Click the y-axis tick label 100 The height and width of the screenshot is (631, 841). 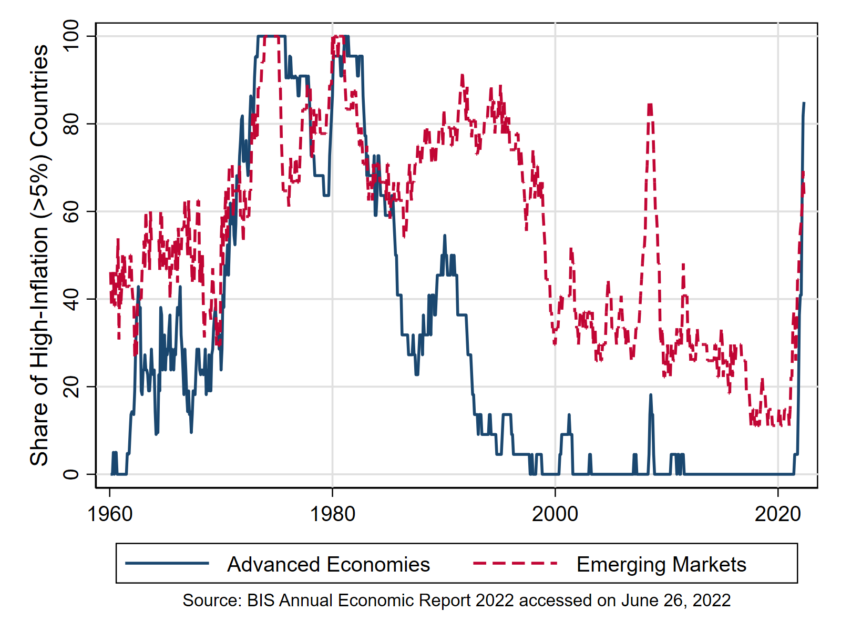coord(70,36)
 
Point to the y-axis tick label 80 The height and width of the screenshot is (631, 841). coord(70,124)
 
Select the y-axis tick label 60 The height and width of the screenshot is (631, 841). coord(70,211)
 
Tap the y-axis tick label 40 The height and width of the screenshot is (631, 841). coord(70,299)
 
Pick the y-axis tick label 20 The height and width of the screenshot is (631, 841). coord(70,386)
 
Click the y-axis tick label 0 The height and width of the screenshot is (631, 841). coord(70,474)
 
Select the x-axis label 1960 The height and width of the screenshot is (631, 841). coord(110,514)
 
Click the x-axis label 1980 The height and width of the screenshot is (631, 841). coord(332,514)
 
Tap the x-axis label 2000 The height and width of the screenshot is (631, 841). coord(555,514)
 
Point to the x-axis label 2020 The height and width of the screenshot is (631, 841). coord(778,514)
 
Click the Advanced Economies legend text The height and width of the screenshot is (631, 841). coord(329,565)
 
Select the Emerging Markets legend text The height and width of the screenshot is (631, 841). coord(661,565)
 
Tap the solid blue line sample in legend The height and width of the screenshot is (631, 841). coord(167,564)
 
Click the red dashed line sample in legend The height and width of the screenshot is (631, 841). coord(515,564)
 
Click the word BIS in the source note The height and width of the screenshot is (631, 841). coord(260,601)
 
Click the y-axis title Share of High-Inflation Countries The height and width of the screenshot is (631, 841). coord(39,255)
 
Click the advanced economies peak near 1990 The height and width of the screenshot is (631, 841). coord(445,237)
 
